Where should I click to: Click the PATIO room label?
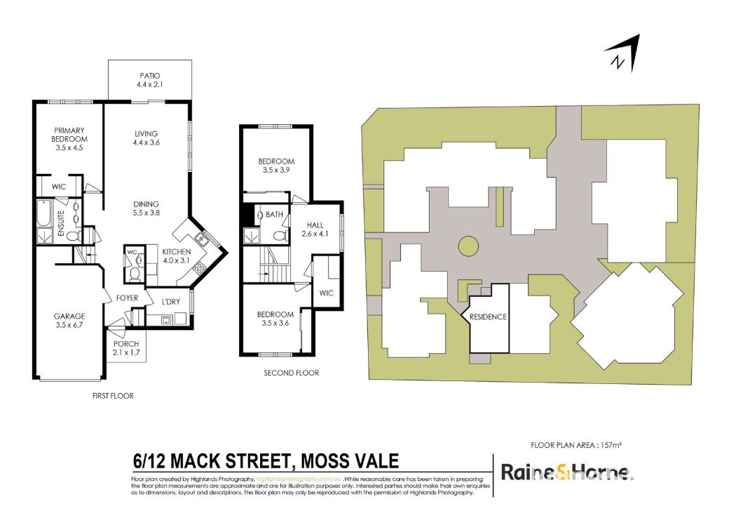[x=150, y=75]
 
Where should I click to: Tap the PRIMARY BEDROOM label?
[x=69, y=135]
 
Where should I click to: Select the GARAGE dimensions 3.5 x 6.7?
[x=69, y=325]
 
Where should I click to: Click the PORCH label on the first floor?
[x=126, y=344]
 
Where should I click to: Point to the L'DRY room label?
[x=170, y=302]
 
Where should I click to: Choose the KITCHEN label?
[x=176, y=252]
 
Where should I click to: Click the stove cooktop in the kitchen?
[x=200, y=268]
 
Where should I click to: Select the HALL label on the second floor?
[x=315, y=225]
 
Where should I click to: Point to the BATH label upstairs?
[x=274, y=215]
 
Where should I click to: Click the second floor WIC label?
[x=327, y=293]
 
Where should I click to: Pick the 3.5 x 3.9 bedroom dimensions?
[x=276, y=171]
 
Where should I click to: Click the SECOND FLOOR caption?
[x=292, y=373]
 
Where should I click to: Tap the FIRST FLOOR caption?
[x=113, y=396]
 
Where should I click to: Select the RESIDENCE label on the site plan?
[x=488, y=317]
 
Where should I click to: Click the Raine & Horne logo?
[x=566, y=472]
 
